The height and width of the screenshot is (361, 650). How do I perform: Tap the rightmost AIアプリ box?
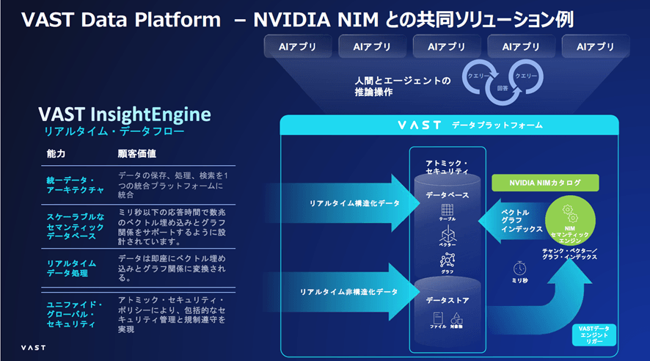coord(595,47)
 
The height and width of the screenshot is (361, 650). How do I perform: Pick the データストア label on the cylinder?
coord(449,301)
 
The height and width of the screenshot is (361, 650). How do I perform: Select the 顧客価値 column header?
coord(136,155)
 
